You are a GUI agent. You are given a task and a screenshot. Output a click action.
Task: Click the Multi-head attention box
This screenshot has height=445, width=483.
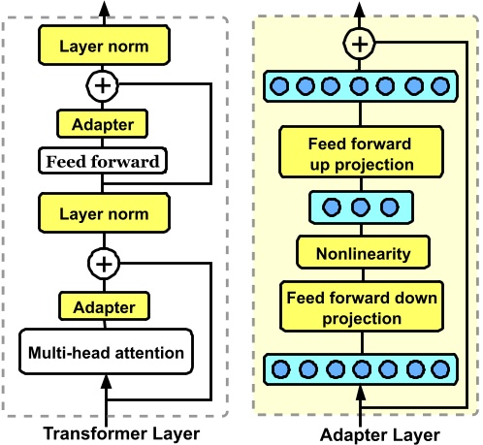(x=104, y=352)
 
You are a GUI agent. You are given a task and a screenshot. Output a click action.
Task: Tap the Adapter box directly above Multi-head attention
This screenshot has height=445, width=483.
(x=104, y=307)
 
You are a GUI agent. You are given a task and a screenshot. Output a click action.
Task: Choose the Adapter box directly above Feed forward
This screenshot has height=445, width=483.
(x=104, y=124)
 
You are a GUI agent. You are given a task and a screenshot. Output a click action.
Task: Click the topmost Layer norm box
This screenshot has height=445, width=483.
(x=104, y=45)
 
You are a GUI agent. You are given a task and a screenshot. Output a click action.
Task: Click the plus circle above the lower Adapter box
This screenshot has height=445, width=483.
(x=104, y=263)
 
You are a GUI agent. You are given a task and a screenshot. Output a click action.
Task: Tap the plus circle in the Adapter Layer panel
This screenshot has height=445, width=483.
(x=360, y=43)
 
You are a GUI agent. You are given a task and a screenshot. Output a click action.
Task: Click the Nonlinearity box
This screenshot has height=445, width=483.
(x=360, y=254)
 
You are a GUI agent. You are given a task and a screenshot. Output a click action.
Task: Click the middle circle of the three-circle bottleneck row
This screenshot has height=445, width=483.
(x=360, y=207)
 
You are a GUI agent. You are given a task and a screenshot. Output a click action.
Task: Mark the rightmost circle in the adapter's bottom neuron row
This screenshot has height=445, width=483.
(x=440, y=368)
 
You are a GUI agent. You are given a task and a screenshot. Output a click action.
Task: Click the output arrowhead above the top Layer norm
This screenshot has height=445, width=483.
(x=104, y=9)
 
